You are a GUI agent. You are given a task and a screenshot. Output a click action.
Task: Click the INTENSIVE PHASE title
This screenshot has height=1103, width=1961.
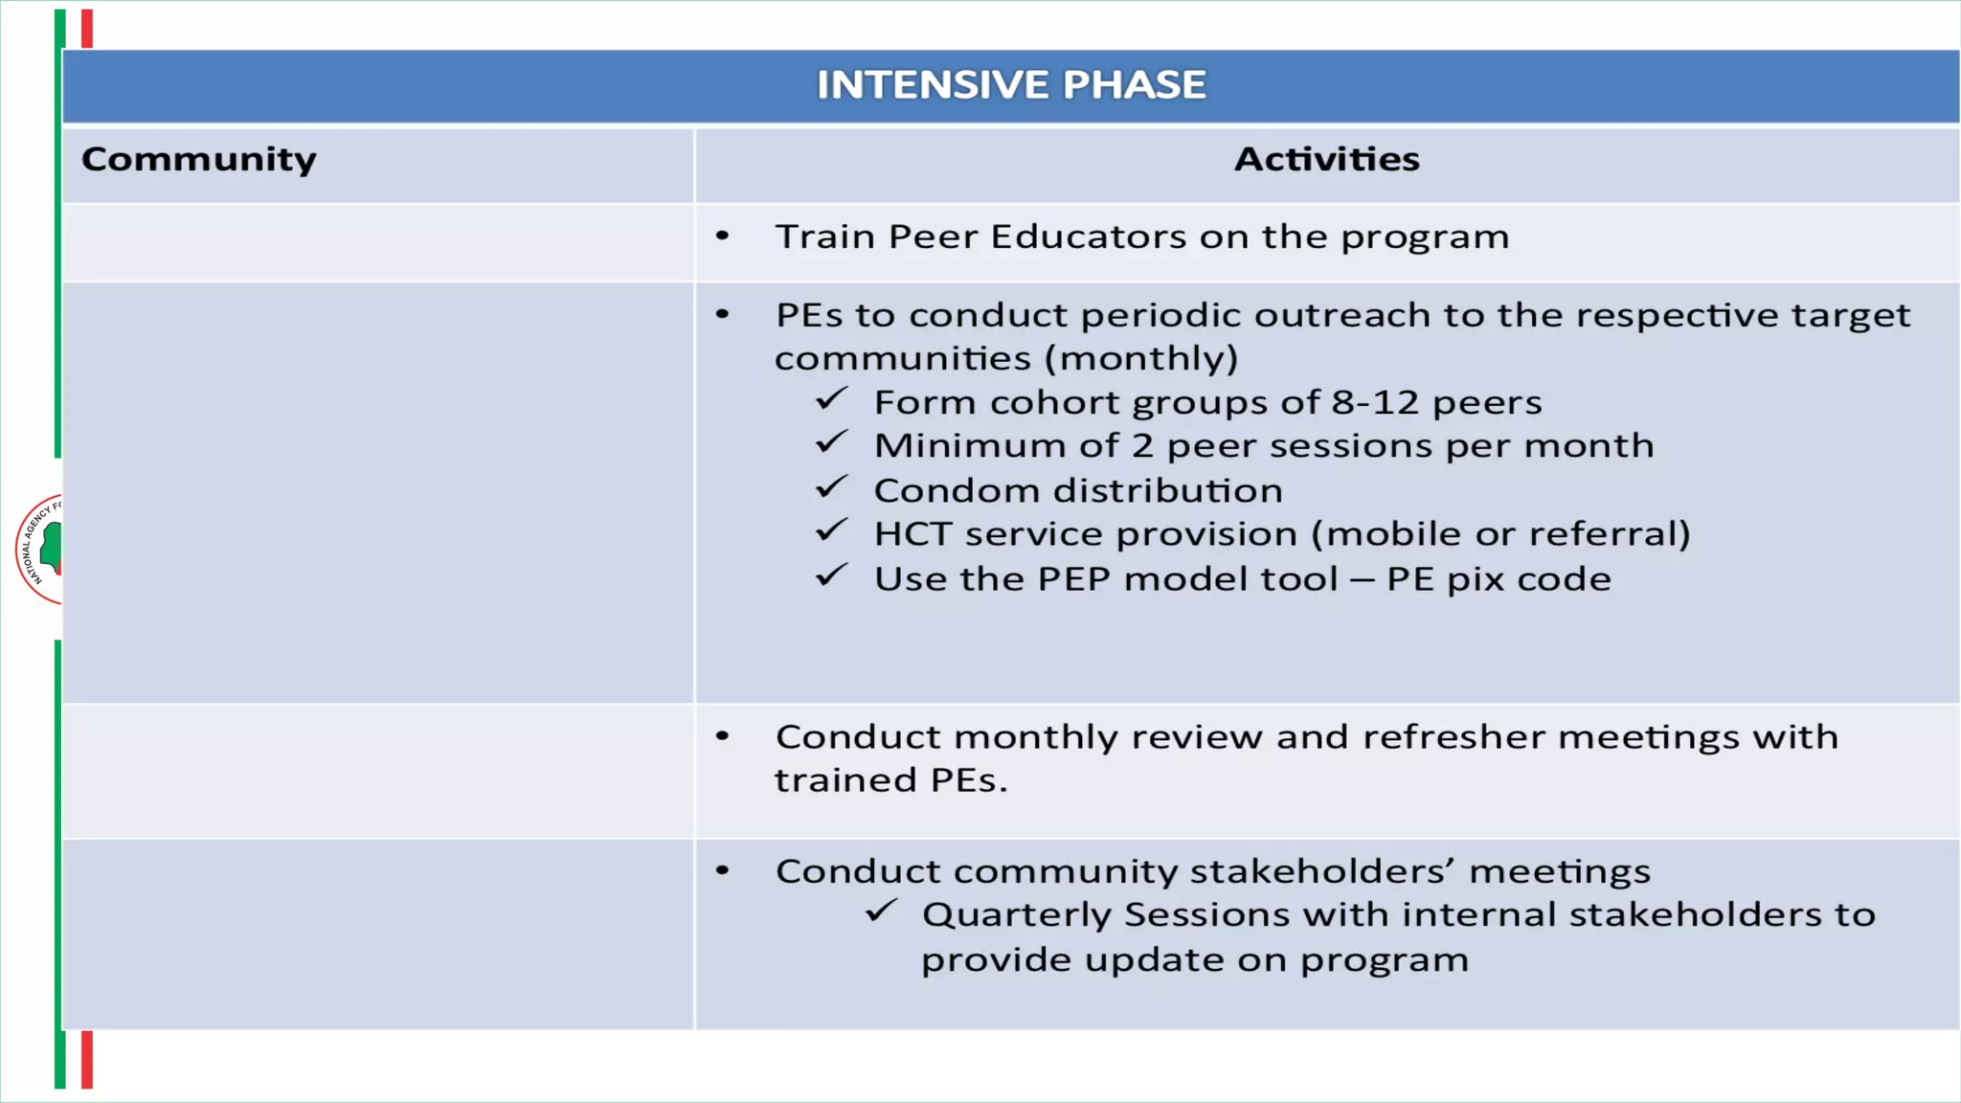(x=1010, y=85)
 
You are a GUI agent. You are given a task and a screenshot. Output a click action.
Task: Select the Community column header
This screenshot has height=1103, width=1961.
(x=199, y=159)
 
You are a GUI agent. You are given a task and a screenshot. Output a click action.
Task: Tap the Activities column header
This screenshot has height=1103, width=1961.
(x=1326, y=159)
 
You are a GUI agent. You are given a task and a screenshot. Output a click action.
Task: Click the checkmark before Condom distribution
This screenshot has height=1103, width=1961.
(x=831, y=488)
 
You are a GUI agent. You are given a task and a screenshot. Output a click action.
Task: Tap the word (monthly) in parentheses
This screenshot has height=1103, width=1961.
(x=1140, y=359)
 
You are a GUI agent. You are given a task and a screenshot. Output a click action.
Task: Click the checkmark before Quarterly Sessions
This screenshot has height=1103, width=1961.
(x=880, y=912)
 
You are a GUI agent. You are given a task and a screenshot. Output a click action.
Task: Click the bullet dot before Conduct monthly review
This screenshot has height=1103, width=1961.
(x=723, y=736)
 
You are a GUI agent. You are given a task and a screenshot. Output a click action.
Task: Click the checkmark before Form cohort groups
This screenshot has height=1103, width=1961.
(x=831, y=399)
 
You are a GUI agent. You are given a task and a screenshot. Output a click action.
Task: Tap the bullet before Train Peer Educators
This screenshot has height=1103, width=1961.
(x=723, y=236)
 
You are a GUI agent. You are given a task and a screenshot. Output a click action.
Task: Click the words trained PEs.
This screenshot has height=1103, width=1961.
(x=890, y=780)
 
